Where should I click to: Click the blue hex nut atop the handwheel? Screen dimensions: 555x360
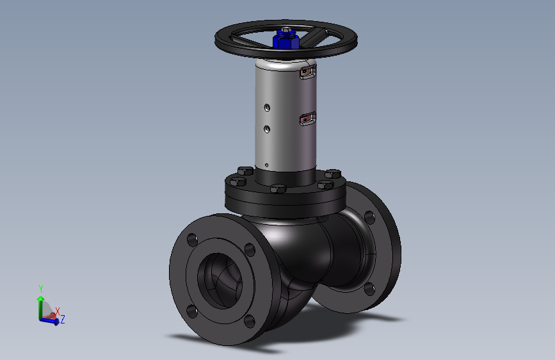point(286,40)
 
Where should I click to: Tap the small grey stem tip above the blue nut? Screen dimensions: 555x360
point(286,29)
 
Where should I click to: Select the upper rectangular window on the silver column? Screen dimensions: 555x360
point(307,72)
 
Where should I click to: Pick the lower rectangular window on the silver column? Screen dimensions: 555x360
point(307,119)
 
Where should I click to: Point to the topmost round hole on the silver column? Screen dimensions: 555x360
point(267,108)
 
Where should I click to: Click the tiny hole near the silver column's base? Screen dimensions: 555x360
point(266,165)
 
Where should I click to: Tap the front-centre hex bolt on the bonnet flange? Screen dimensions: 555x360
point(278,188)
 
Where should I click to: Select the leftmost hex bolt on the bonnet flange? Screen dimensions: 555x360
point(237,182)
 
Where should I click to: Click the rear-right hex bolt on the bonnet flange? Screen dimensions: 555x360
point(333,174)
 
